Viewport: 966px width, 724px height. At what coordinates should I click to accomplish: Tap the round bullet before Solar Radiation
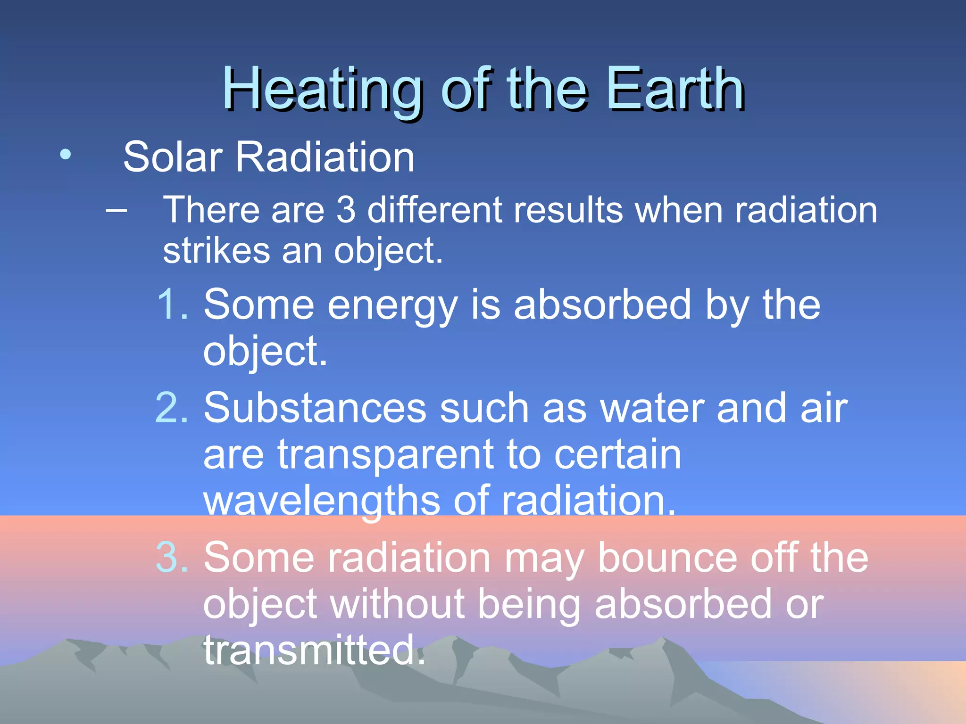tap(66, 154)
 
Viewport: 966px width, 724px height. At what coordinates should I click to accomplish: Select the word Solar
tap(173, 157)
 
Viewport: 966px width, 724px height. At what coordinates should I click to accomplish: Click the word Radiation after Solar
tap(325, 157)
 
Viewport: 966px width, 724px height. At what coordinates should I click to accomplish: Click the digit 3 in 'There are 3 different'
tap(346, 210)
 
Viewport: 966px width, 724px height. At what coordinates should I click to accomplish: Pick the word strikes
tap(217, 250)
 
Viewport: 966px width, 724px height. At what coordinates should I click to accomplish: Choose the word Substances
tap(315, 408)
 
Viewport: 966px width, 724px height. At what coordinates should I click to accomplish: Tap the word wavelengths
tap(322, 502)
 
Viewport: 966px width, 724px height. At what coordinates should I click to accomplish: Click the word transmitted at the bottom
tap(314, 650)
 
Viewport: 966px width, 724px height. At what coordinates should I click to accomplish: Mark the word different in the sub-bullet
tap(434, 210)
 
